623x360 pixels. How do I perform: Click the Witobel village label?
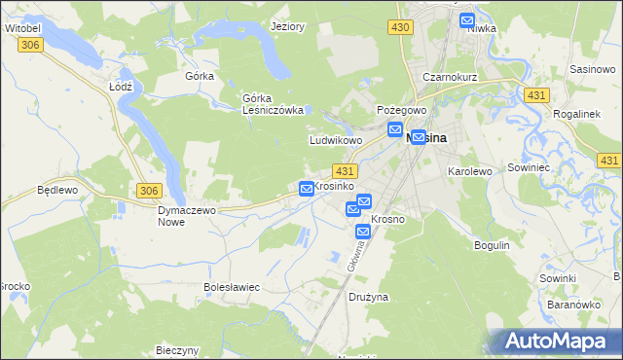[x=21, y=29]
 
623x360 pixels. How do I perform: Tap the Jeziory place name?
[x=288, y=26]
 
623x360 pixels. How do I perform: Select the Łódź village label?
[x=120, y=86]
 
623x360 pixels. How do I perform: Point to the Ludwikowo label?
[x=336, y=140]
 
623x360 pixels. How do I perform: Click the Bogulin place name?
[x=492, y=245]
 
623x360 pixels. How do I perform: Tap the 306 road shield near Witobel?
[x=29, y=45]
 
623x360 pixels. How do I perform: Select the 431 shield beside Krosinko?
[x=356, y=170]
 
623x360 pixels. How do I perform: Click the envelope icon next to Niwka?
[x=467, y=19]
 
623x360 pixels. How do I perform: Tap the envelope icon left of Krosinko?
[x=307, y=188]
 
